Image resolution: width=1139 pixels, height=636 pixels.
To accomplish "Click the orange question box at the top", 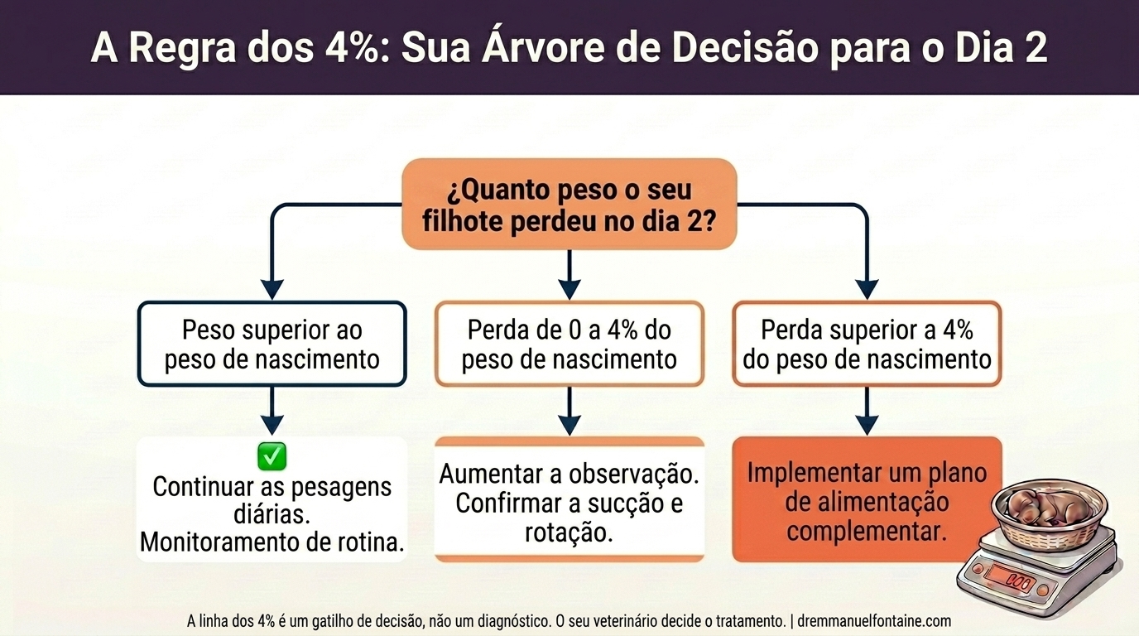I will [569, 204].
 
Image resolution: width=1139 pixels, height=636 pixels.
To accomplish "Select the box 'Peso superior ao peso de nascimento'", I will [272, 344].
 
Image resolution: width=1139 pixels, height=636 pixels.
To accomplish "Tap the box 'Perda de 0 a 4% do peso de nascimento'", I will [569, 344].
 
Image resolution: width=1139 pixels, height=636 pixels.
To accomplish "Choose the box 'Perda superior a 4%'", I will [867, 344].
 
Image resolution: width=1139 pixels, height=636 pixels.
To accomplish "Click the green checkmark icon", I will [272, 455].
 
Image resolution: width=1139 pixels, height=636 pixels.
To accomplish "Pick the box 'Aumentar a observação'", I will [569, 500].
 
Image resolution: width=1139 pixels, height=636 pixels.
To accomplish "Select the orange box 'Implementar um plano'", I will [867, 499].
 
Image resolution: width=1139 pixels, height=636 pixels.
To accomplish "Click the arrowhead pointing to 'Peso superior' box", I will [272, 288].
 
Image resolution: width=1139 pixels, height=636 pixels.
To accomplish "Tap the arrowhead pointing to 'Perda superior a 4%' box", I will [867, 288].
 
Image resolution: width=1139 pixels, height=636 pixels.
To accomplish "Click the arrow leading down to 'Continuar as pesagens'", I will [272, 412].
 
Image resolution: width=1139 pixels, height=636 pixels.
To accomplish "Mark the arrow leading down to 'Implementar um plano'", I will [867, 412].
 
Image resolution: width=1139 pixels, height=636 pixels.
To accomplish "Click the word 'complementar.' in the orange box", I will [867, 531].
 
